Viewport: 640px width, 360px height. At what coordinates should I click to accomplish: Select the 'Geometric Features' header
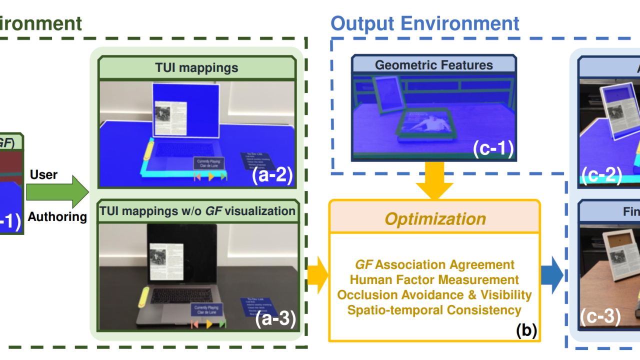click(x=433, y=65)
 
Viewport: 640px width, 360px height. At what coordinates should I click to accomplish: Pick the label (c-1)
click(x=492, y=149)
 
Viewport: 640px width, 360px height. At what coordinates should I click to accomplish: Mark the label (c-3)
click(x=600, y=316)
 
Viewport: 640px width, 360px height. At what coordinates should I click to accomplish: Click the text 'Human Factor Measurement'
click(x=434, y=280)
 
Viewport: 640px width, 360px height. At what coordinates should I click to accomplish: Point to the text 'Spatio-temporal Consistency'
click(x=434, y=310)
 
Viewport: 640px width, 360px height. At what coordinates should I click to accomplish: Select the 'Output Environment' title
click(x=424, y=23)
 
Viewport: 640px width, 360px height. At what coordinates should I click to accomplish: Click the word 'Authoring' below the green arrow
click(x=57, y=217)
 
